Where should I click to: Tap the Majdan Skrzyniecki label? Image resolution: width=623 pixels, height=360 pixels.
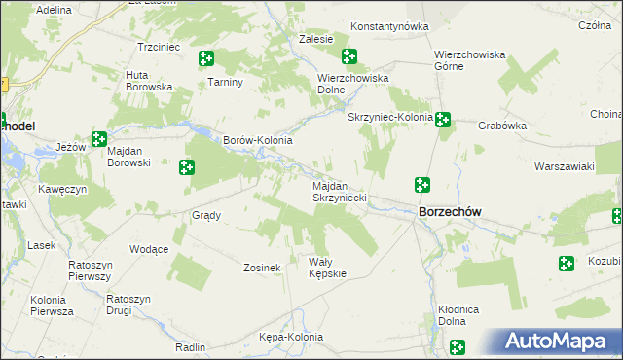point(339,191)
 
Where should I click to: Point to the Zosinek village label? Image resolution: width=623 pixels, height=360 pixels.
point(262,268)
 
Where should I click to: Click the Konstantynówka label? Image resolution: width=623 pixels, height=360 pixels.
point(389,26)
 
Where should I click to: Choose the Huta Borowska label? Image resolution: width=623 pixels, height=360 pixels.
point(149,81)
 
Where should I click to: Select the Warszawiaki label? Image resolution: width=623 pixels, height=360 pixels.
point(564,166)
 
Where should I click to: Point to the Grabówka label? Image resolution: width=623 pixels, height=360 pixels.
point(502,126)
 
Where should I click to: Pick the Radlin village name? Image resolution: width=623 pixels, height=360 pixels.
point(190,346)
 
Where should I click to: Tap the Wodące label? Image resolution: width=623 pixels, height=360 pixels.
point(149,249)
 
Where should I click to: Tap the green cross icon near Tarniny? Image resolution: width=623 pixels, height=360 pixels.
point(205,59)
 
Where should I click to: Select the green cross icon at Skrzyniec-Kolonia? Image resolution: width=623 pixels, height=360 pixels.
point(443,120)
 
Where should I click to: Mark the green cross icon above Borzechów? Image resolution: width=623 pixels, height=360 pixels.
point(422,184)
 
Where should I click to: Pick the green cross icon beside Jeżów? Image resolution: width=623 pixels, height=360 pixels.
point(98,140)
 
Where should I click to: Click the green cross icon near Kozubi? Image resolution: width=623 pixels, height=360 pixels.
point(567,263)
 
